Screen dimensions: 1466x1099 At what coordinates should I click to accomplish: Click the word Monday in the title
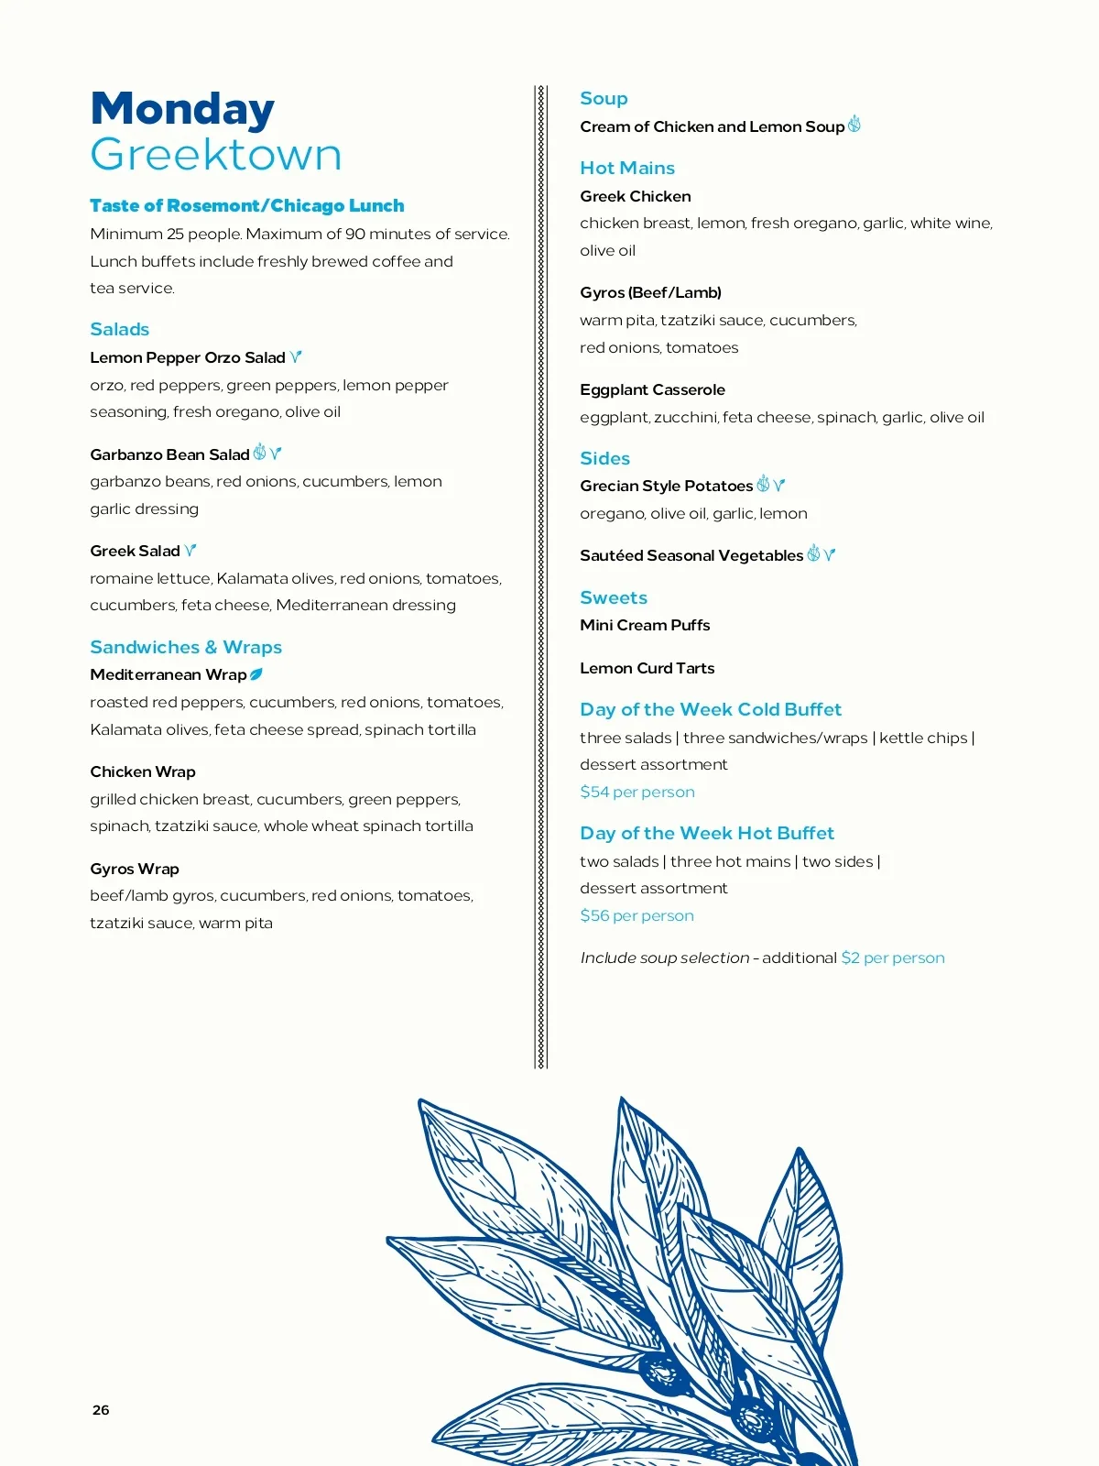pos(182,109)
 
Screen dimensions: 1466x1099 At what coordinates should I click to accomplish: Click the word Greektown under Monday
pos(216,155)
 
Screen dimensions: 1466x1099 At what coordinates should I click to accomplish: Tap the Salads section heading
pos(119,329)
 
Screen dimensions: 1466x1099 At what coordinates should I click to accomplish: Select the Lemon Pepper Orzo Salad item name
pos(188,357)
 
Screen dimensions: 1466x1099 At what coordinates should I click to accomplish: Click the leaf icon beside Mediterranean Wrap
pos(256,674)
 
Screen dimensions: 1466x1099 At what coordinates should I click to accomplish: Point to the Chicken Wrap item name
pos(143,771)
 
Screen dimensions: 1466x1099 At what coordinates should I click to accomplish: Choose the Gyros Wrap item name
pos(135,869)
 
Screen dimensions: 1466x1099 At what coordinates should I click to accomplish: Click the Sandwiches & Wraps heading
pos(186,647)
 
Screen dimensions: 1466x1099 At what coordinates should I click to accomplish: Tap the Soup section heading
pos(604,98)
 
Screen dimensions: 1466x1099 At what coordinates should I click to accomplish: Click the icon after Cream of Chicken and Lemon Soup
pos(854,125)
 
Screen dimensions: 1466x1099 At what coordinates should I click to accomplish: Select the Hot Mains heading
pos(627,168)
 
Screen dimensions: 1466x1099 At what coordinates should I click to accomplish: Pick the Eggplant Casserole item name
pos(652,389)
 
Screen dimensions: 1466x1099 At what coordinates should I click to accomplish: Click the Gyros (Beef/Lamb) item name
pos(650,292)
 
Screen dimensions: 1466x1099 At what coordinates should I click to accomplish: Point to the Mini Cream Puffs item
pos(645,625)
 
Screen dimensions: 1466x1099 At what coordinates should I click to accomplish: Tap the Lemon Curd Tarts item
pos(647,668)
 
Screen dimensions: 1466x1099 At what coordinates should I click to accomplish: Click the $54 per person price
pos(637,792)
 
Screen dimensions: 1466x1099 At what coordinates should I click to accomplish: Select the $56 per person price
pos(637,915)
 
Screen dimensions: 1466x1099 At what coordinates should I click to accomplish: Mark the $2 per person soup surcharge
pos(893,957)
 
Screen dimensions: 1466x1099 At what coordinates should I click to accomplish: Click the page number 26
pos(101,1410)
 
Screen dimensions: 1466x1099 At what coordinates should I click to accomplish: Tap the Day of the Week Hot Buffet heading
pos(707,833)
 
